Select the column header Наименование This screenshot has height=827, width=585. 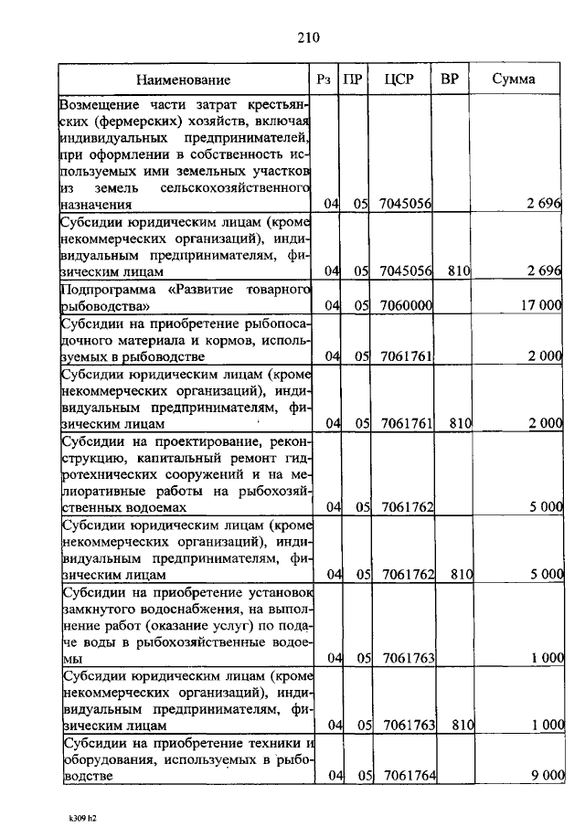(185, 80)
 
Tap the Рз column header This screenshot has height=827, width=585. (324, 80)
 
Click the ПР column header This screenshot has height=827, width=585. (351, 80)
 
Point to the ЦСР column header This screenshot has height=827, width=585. (399, 80)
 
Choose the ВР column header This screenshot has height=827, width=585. (450, 80)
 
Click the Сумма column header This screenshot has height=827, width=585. (514, 80)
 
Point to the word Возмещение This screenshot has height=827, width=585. (104, 105)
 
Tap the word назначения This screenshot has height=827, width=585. (96, 206)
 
